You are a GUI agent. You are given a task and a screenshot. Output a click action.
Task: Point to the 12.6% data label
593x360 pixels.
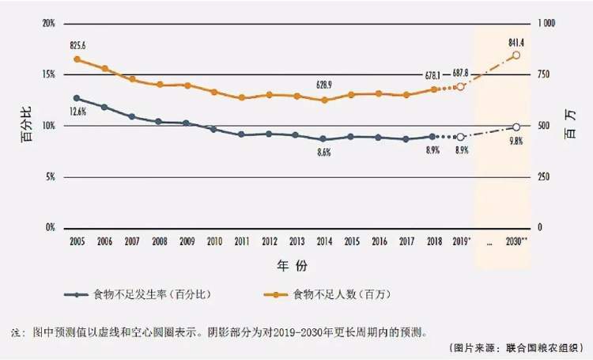pyautogui.click(x=77, y=112)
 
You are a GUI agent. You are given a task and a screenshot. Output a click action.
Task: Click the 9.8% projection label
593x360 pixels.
pyautogui.click(x=516, y=141)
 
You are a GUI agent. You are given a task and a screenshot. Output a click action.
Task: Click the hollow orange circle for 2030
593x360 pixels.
pyautogui.click(x=516, y=55)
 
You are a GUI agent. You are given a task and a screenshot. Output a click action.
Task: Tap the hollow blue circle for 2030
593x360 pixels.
pyautogui.click(x=516, y=127)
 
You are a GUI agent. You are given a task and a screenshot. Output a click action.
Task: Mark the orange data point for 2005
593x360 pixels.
pyautogui.click(x=77, y=59)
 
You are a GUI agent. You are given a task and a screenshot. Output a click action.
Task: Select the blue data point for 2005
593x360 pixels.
pyautogui.click(x=77, y=98)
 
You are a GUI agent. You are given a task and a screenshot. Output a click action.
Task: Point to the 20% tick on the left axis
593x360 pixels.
pyautogui.click(x=48, y=24)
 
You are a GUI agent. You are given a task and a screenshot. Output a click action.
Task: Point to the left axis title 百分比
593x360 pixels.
pyautogui.click(x=25, y=127)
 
